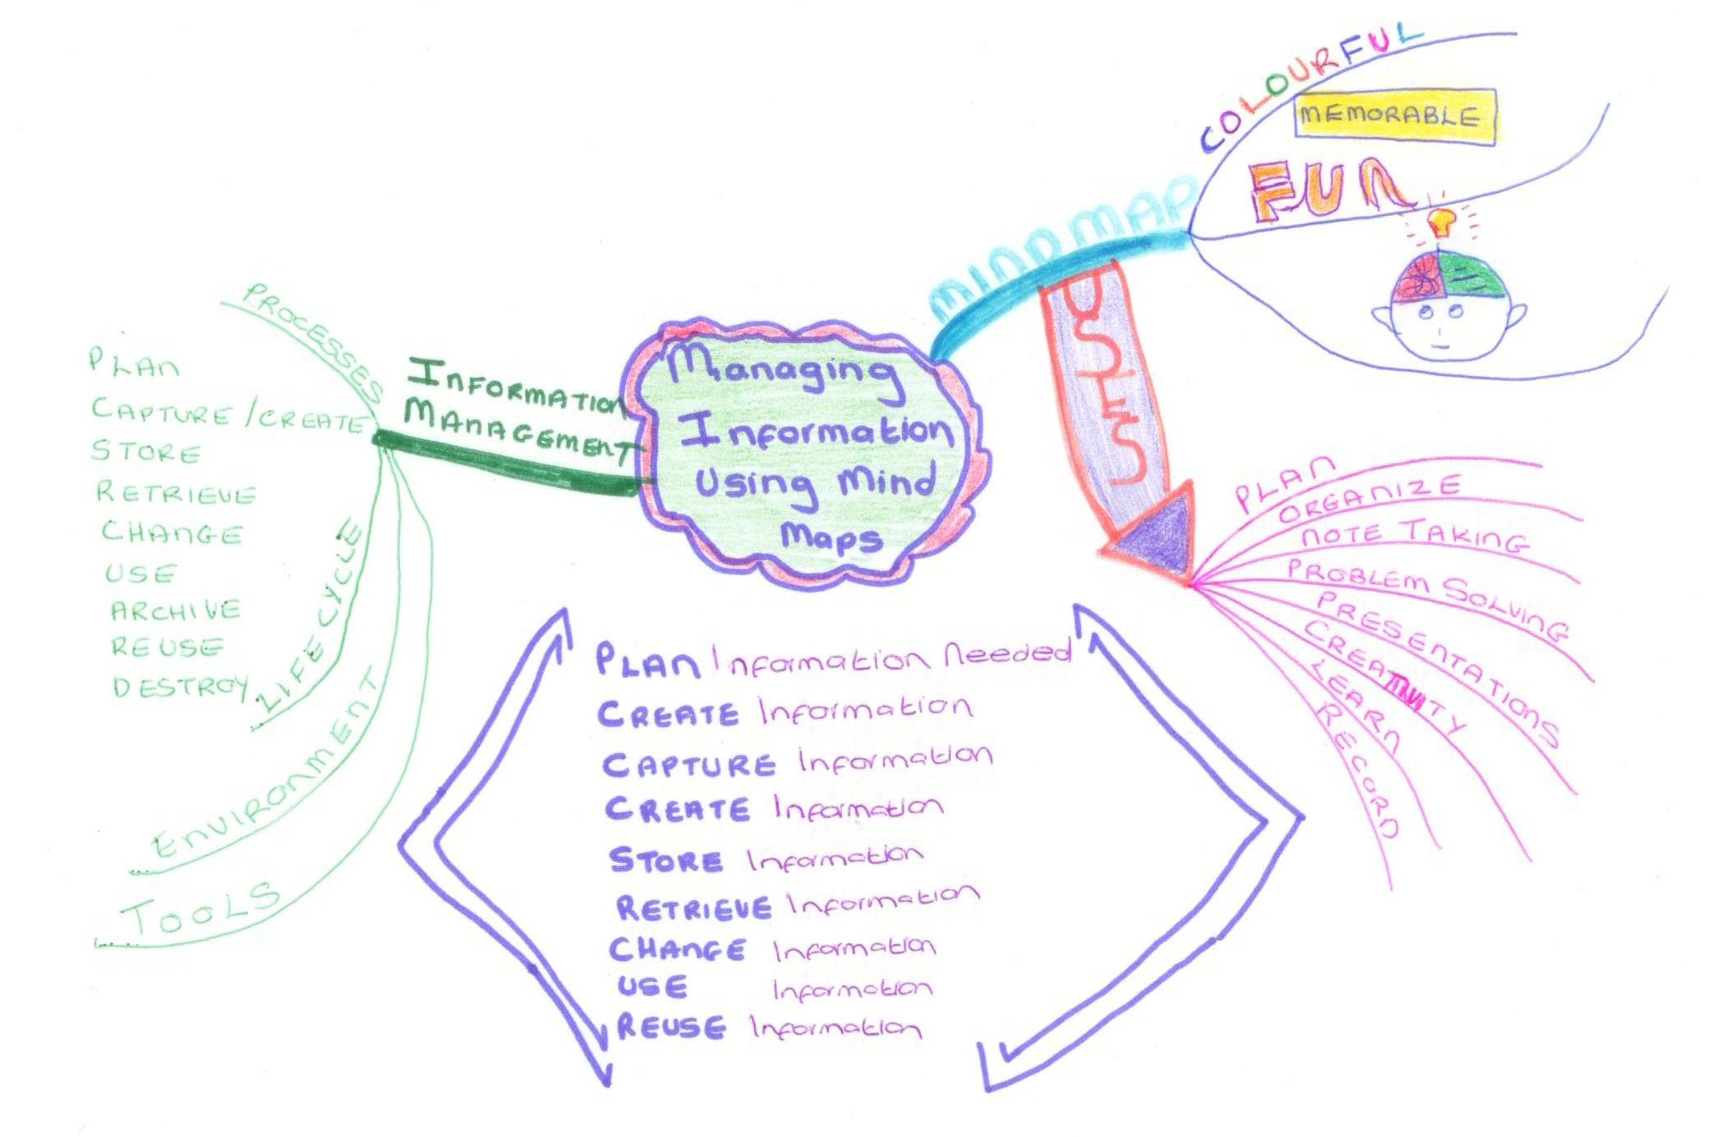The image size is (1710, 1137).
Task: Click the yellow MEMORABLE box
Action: tap(1394, 116)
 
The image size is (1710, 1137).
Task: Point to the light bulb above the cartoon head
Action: tap(1440, 221)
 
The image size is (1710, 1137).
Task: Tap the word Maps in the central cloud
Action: tap(831, 537)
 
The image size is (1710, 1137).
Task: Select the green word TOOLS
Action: tap(200, 907)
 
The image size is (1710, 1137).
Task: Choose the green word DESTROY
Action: tap(180, 686)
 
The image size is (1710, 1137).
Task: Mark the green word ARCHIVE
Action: tap(175, 610)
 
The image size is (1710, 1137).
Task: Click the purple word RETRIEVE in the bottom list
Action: tap(693, 908)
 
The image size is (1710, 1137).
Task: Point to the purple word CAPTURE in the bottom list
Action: tap(688, 764)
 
